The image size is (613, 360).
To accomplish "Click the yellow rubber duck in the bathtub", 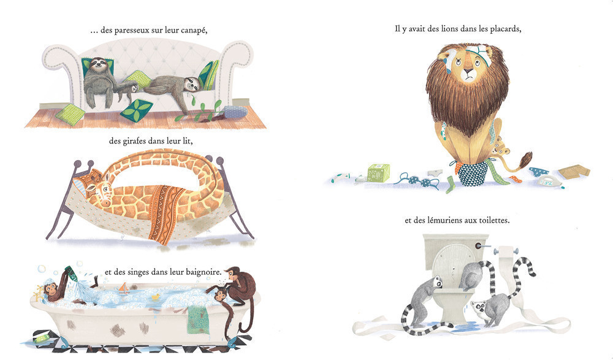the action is pos(156,297).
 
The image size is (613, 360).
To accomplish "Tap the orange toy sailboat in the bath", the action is pos(124,289).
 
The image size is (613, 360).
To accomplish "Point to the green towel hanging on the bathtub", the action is pos(198,320).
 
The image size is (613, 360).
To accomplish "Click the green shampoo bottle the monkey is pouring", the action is pos(71,273).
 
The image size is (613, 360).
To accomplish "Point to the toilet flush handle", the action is pos(481,246).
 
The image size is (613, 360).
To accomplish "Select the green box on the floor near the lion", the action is pos(378,173).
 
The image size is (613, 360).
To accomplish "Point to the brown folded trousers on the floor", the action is pos(574,172).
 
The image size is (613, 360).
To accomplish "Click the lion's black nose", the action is pos(468,71).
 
